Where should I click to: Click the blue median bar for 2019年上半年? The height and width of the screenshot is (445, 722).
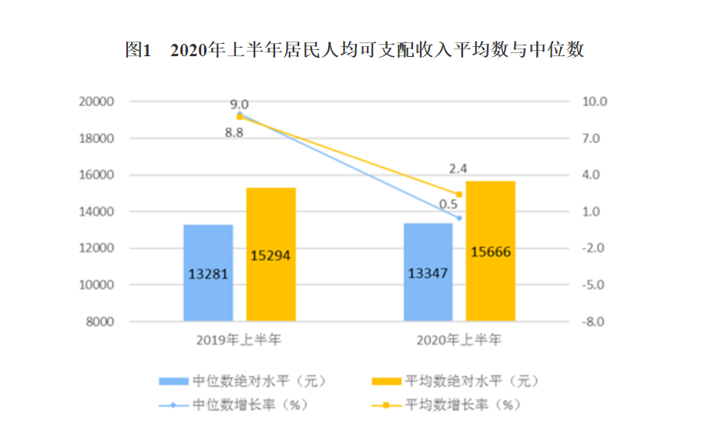208,273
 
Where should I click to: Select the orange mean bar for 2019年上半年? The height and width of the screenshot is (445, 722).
270,254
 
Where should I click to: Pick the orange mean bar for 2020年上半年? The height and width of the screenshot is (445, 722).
490,251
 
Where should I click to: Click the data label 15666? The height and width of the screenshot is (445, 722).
491,252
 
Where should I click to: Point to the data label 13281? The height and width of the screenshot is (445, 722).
208,273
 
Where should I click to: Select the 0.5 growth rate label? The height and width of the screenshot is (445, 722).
448,204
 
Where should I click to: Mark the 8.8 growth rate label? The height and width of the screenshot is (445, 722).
234,132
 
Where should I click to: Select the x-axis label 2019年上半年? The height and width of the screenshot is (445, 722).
240,339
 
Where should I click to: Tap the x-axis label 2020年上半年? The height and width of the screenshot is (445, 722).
458,339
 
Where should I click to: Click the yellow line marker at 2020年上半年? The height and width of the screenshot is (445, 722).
459,194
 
